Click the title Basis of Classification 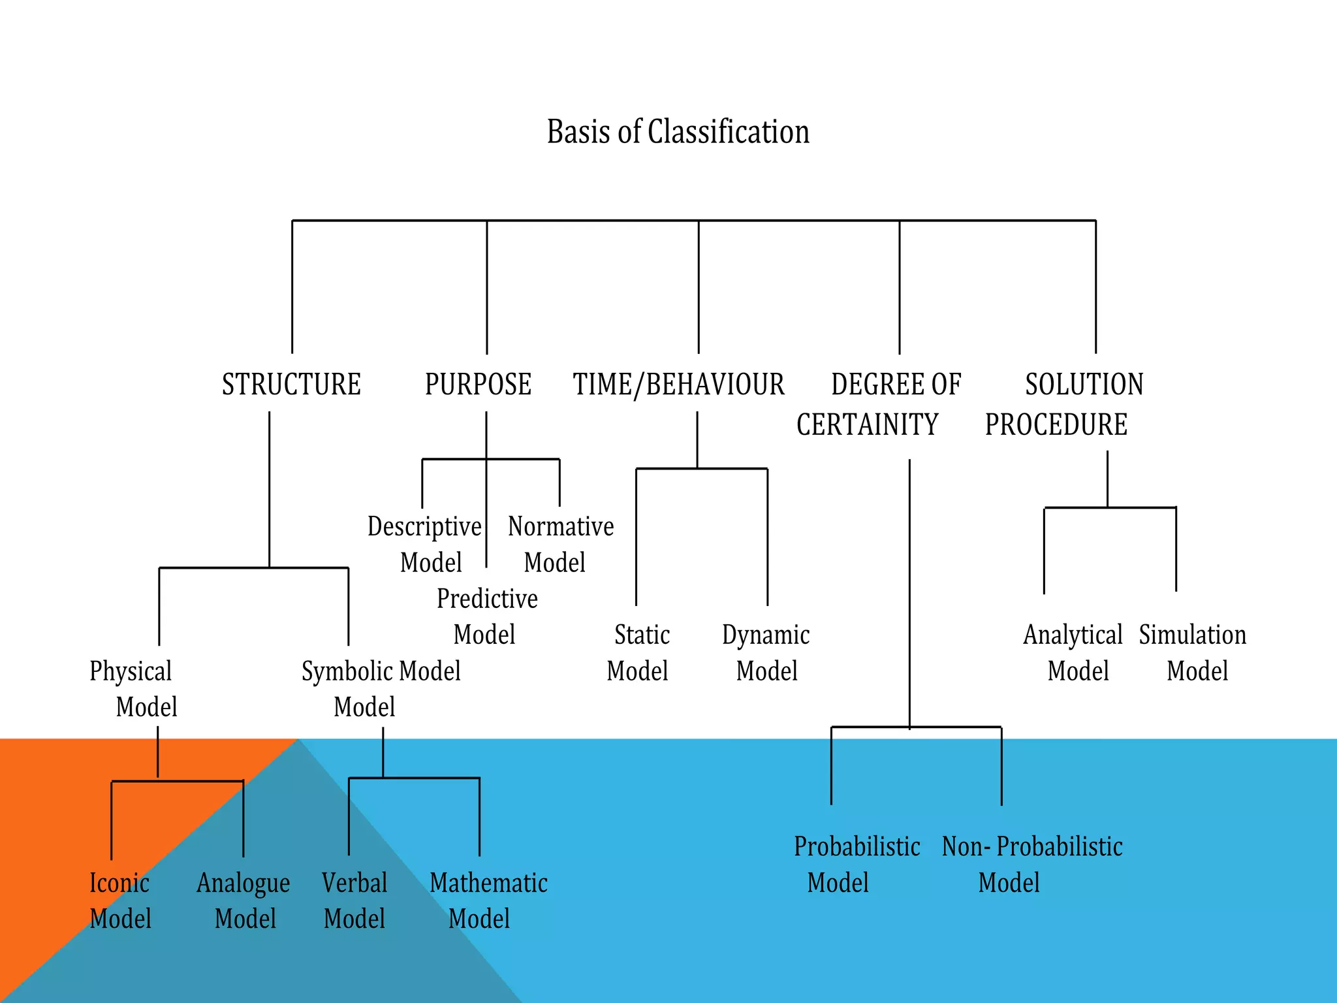(x=678, y=132)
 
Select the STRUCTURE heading (x=291, y=384)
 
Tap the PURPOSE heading (x=478, y=384)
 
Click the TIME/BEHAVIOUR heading (x=678, y=384)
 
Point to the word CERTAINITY (x=867, y=424)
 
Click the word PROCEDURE (x=1056, y=424)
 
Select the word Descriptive (x=424, y=526)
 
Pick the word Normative (x=561, y=526)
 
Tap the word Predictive (x=487, y=599)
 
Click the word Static (x=642, y=635)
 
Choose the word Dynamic (x=766, y=635)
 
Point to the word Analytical (x=1073, y=635)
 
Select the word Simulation (x=1193, y=635)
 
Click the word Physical (x=131, y=671)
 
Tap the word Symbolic (x=347, y=671)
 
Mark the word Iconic (x=119, y=883)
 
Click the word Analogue (x=243, y=884)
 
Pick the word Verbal (x=354, y=883)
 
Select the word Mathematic (x=488, y=883)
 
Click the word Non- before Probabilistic (x=966, y=847)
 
